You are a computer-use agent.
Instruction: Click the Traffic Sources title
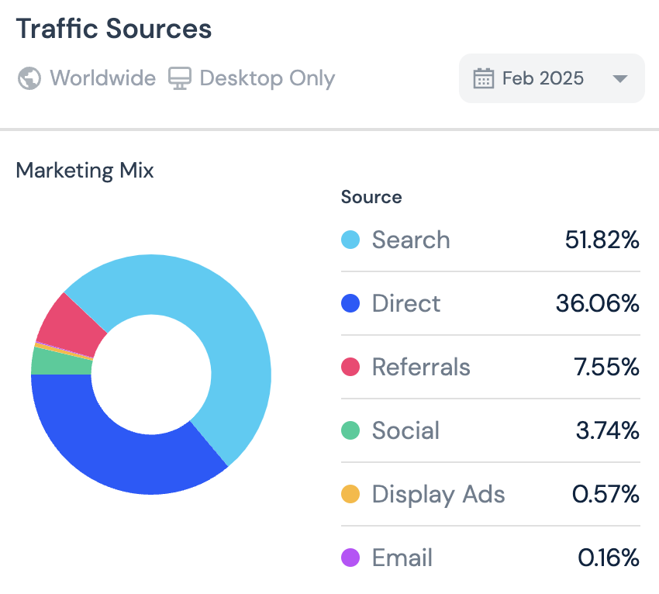[113, 29]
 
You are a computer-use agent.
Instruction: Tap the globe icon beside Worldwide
[29, 78]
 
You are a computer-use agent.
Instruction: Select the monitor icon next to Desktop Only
[180, 78]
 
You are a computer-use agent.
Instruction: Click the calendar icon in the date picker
[484, 78]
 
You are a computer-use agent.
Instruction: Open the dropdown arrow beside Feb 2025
[619, 78]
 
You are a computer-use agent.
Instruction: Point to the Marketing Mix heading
[85, 171]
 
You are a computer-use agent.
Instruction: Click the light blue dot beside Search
[350, 240]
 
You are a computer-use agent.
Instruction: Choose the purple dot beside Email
[350, 558]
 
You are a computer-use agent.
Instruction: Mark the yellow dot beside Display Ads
[350, 494]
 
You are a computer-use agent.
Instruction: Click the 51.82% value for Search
[602, 240]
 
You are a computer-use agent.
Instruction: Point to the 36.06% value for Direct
[597, 303]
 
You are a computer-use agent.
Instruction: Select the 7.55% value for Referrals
[606, 367]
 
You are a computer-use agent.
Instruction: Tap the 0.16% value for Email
[609, 558]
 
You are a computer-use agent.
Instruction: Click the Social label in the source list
[405, 430]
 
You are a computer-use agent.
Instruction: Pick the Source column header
[371, 197]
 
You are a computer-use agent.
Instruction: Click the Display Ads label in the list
[438, 494]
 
